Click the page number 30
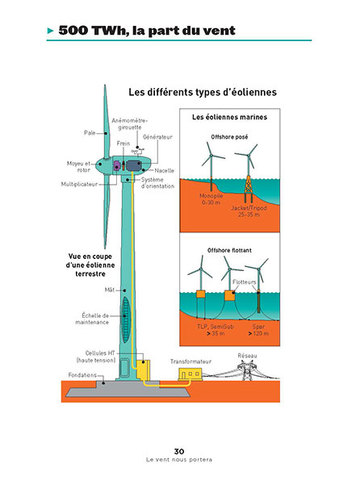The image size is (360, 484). pyautogui.click(x=179, y=451)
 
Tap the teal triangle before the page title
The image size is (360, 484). pyautogui.click(x=51, y=31)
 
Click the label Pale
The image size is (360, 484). pyautogui.click(x=90, y=133)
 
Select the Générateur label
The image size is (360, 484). pyautogui.click(x=157, y=137)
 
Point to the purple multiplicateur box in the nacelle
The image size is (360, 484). pyautogui.click(x=117, y=165)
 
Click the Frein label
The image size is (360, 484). pyautogui.click(x=123, y=144)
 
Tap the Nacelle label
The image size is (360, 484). pyautogui.click(x=164, y=170)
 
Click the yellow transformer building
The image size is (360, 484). pyautogui.click(x=190, y=374)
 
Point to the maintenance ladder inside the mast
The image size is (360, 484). pyautogui.click(x=125, y=319)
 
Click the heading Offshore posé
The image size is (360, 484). pyautogui.click(x=229, y=137)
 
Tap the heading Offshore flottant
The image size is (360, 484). pyautogui.click(x=229, y=250)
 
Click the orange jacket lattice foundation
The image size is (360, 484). pyautogui.click(x=249, y=186)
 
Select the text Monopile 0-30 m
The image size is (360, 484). pyautogui.click(x=211, y=199)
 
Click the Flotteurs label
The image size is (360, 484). pyautogui.click(x=245, y=282)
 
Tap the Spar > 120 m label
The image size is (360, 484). pyautogui.click(x=258, y=330)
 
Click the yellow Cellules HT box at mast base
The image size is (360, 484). pyautogui.click(x=143, y=369)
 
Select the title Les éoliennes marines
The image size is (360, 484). pyautogui.click(x=229, y=117)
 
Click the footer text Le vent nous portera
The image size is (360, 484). pyautogui.click(x=179, y=460)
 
